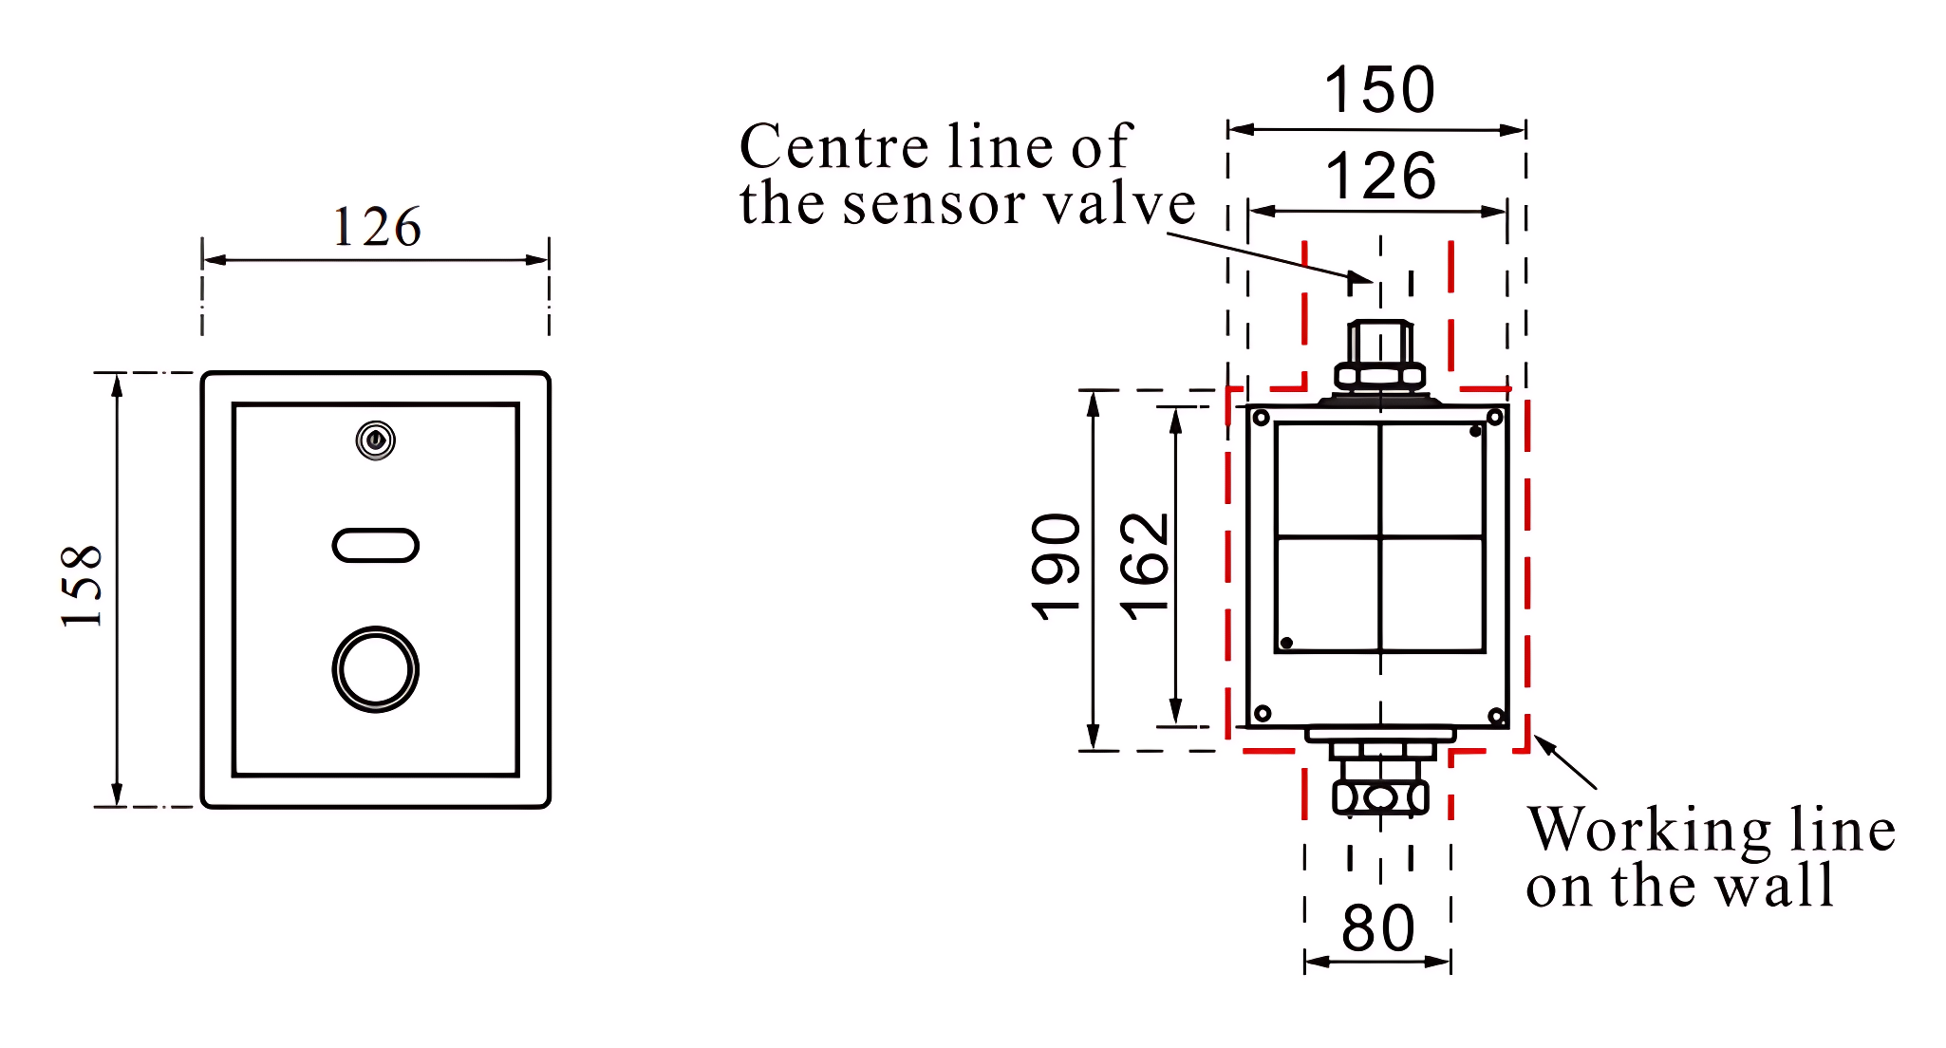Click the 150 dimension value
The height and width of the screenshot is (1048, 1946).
coord(1379,90)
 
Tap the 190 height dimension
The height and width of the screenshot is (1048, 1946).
coord(1056,567)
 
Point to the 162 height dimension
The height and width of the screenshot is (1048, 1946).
coord(1144,567)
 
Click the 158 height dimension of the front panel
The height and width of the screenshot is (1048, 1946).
coord(81,586)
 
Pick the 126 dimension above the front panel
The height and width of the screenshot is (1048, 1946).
coord(377,228)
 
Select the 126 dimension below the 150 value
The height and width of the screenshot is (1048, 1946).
coord(1380,176)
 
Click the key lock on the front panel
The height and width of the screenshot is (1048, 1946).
coord(376,440)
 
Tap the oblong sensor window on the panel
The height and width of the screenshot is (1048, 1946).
coord(376,545)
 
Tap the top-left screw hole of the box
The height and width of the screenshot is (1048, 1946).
coord(1262,419)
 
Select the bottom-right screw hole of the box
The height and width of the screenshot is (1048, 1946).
coord(1496,716)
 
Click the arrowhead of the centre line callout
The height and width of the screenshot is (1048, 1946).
coord(1363,278)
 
